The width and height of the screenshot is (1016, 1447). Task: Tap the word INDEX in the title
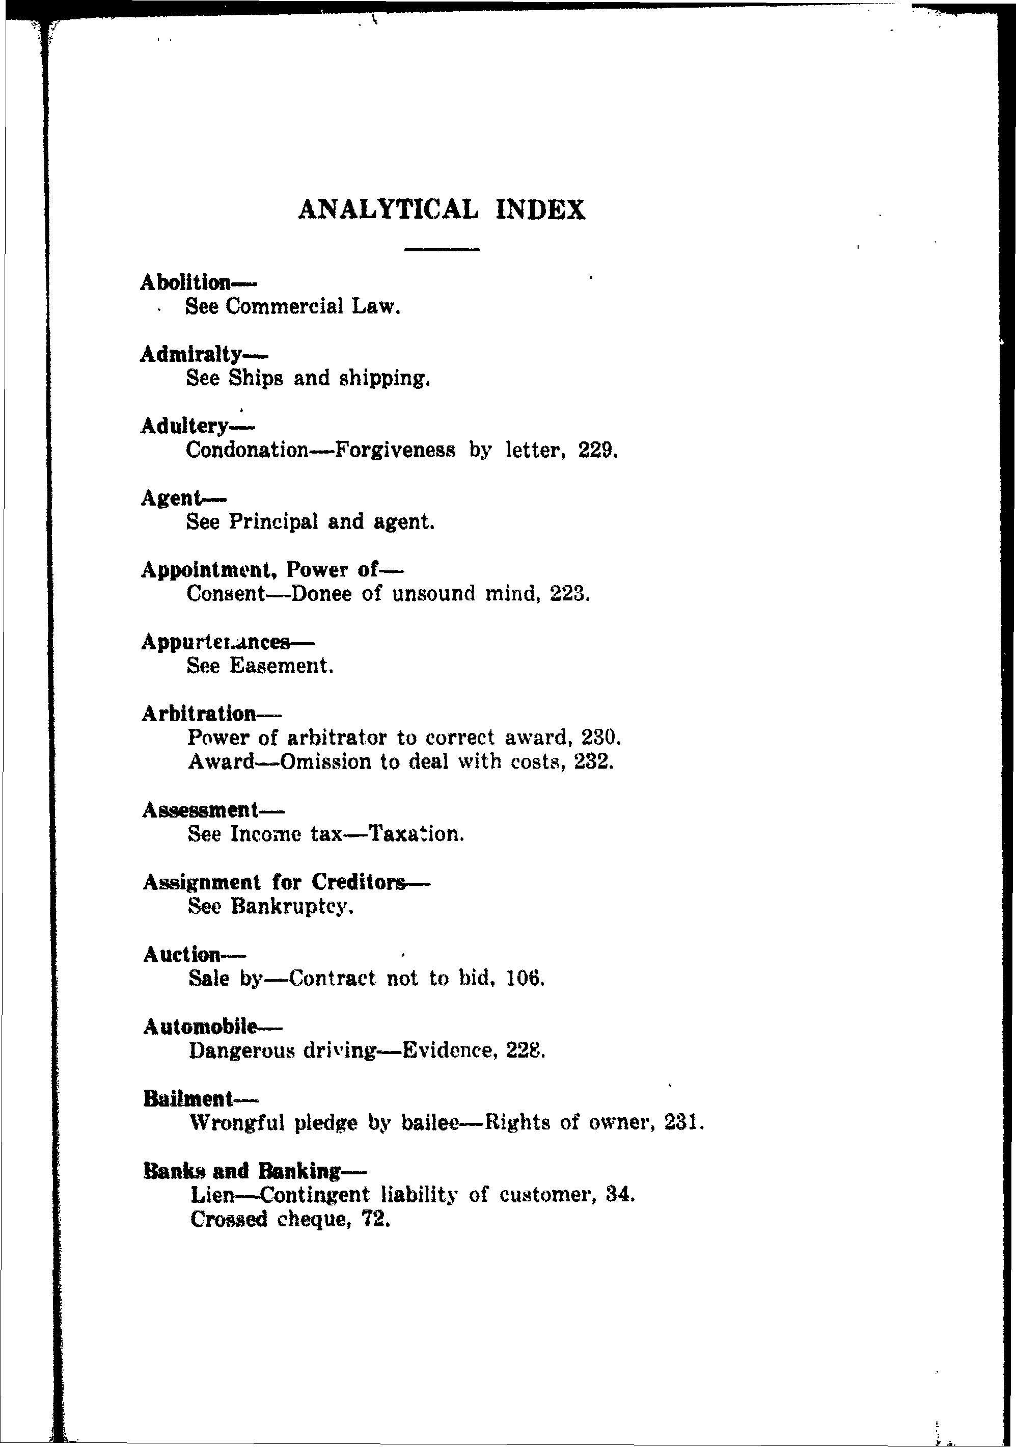pos(540,210)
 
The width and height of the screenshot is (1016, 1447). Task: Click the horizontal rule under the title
pos(442,250)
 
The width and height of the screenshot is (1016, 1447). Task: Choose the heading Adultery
pos(184,426)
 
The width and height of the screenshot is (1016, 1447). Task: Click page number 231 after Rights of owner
pos(680,1122)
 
